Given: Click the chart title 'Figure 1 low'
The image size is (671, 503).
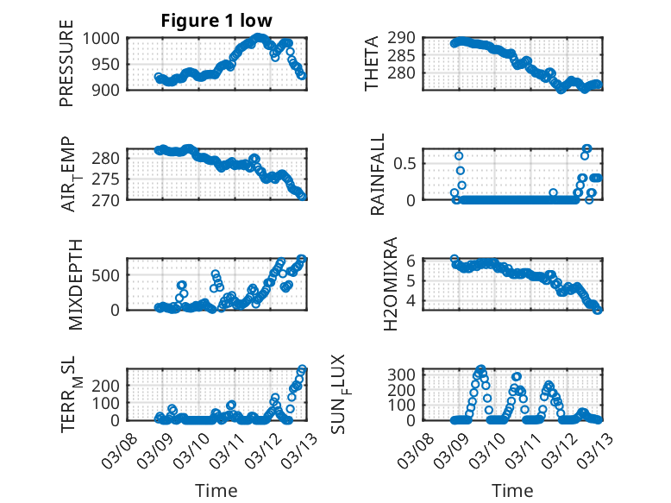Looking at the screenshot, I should pos(216,22).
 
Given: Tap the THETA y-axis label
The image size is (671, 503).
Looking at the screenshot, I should pos(372,64).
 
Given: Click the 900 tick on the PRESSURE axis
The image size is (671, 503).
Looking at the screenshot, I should pos(110,89).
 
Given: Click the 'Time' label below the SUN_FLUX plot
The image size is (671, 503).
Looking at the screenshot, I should pos(512,491).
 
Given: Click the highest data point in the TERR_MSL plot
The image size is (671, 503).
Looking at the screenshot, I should pos(302,369).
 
